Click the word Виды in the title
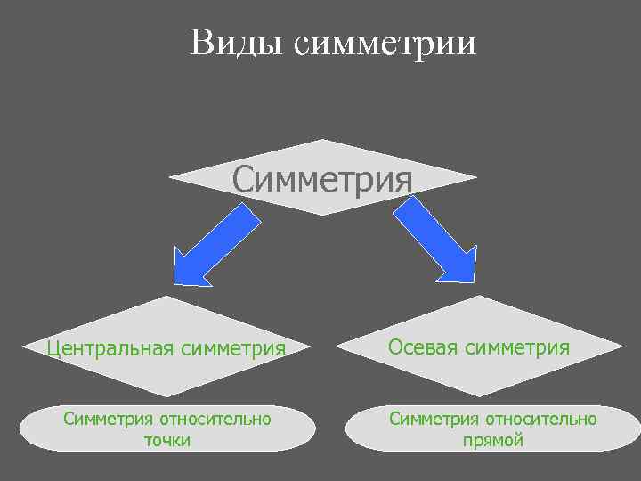pyautogui.click(x=234, y=42)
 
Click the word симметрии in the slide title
pyautogui.click(x=385, y=43)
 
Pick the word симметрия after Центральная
pyautogui.click(x=233, y=347)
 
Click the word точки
pyautogui.click(x=166, y=440)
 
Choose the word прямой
pyautogui.click(x=492, y=440)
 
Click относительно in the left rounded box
pyautogui.click(x=214, y=418)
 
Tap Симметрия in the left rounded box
pyautogui.click(x=107, y=418)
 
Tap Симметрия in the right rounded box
pyautogui.click(x=433, y=418)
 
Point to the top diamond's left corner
pyautogui.click(x=171, y=177)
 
